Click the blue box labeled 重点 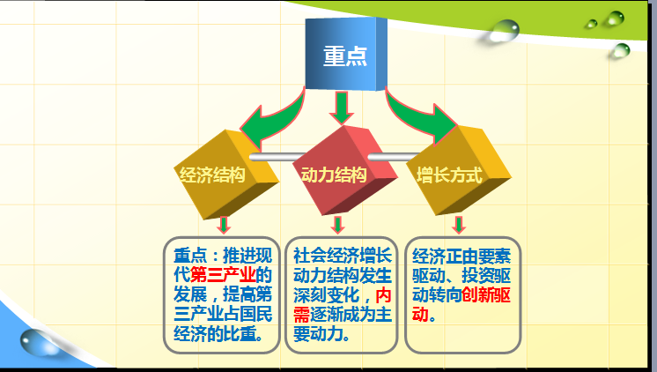tap(346, 54)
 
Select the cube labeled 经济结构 tap(226, 175)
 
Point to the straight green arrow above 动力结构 tap(342, 108)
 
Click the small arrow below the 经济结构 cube tap(224, 225)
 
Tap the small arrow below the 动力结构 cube tap(337, 225)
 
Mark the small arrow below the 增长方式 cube tap(459, 225)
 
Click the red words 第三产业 tap(223, 275)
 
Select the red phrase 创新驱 tap(486, 295)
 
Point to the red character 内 tap(383, 295)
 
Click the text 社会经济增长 tap(343, 256)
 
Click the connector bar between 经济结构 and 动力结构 tap(277, 157)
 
